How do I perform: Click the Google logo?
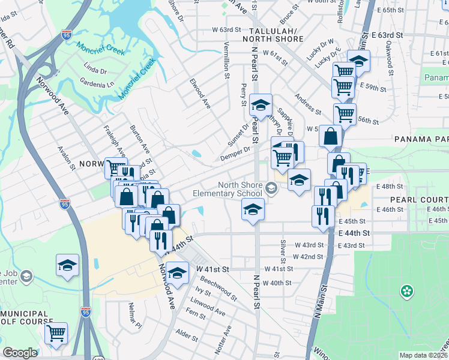20,353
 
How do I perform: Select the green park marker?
407,291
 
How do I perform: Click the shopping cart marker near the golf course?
56,334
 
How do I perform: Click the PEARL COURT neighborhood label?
419,199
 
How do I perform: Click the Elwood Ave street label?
201,93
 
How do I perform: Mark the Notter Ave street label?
227,339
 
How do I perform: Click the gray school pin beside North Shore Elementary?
271,190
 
